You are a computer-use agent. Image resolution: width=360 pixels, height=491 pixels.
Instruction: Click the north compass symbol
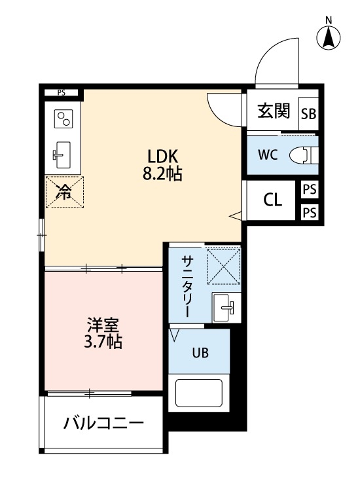tap(329, 37)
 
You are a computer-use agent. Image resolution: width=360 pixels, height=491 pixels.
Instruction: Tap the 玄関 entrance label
tap(273, 111)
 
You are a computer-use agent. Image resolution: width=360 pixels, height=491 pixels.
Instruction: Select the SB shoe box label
tap(308, 113)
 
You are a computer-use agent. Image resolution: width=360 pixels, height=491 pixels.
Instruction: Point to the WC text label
tap(267, 155)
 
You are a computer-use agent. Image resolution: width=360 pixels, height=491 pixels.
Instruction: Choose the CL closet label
tap(273, 200)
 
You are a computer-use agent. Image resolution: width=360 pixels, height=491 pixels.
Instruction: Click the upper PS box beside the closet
tap(310, 189)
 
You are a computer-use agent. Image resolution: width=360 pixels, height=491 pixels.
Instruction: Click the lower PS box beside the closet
tap(310, 212)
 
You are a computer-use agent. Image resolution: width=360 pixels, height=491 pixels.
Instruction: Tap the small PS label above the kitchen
tap(62, 92)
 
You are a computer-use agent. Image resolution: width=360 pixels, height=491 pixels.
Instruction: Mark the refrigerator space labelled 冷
tap(64, 191)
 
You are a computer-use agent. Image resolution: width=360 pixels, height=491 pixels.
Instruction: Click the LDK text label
tap(163, 156)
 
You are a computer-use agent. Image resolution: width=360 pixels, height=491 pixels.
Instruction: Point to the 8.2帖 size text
tap(163, 174)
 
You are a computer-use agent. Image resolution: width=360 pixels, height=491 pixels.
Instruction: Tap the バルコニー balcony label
tap(103, 423)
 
